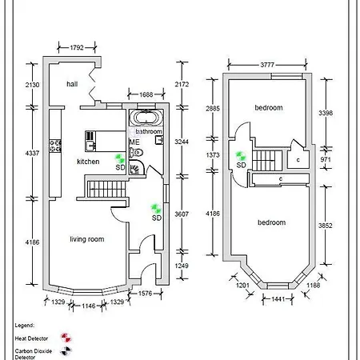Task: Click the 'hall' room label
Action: [72, 84]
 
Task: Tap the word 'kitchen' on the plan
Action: [88, 162]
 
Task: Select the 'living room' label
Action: [87, 239]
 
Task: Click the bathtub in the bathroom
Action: [146, 118]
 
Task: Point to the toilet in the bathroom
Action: [136, 153]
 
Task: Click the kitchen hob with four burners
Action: [55, 146]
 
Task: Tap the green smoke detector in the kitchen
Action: [120, 158]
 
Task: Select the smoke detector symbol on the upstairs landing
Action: [240, 156]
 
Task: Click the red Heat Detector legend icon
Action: [66, 338]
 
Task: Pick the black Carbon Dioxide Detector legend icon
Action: [66, 351]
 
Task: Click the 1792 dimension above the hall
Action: [77, 48]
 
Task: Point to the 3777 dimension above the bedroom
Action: [267, 65]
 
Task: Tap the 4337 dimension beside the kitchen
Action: [32, 154]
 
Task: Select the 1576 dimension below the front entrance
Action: [145, 294]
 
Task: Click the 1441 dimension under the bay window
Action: [278, 299]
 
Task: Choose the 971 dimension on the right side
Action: [326, 159]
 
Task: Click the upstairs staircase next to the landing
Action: [267, 161]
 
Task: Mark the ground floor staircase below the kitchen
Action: [107, 189]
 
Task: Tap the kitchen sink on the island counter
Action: [90, 146]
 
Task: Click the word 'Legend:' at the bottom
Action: [25, 326]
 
